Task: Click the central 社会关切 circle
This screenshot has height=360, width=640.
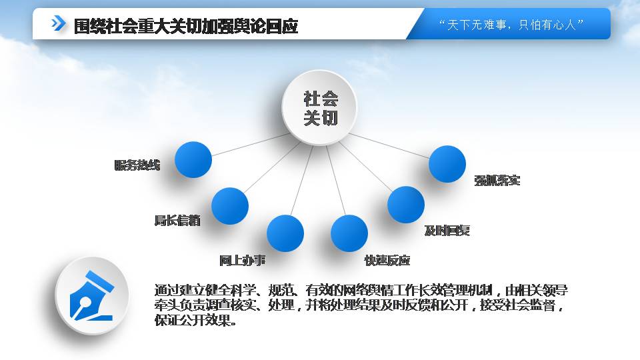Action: [x=319, y=107]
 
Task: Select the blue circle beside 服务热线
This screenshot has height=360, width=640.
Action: [x=193, y=159]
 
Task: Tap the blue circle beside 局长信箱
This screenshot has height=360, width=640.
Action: [x=230, y=206]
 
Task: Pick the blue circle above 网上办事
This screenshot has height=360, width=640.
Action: [x=285, y=233]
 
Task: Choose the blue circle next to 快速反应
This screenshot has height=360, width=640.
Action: [x=349, y=233]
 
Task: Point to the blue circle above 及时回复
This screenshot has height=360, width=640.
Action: [x=406, y=205]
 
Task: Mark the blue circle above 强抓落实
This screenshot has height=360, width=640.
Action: [x=447, y=164]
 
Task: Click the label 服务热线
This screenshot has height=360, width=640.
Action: [x=137, y=165]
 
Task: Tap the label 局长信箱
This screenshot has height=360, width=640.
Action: [x=177, y=221]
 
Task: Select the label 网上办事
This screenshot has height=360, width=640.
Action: [x=243, y=260]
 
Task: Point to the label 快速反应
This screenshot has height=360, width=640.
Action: [x=387, y=260]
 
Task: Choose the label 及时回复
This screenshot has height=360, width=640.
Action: [x=447, y=231]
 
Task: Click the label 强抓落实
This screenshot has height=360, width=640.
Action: [x=497, y=181]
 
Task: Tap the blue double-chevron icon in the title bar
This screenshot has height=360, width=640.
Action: [x=58, y=23]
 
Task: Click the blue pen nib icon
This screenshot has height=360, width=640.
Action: [x=92, y=295]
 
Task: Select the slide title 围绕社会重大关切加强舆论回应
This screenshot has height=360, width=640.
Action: [x=186, y=26]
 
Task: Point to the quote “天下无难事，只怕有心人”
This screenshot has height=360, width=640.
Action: [x=511, y=25]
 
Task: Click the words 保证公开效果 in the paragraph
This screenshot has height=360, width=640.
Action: [x=192, y=321]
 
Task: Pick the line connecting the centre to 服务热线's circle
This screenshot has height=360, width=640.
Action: [x=250, y=145]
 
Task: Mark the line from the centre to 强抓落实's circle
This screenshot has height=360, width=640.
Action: [x=389, y=146]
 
